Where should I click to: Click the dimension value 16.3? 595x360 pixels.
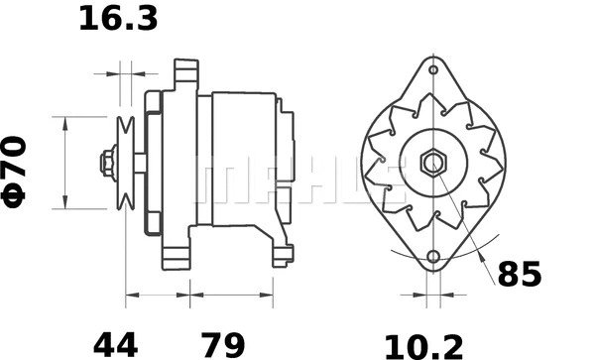[118, 18]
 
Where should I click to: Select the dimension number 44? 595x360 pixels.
[115, 344]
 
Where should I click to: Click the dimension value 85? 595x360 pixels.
[519, 275]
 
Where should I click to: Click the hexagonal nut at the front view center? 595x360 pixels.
[433, 162]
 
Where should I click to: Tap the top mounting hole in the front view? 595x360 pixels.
[433, 69]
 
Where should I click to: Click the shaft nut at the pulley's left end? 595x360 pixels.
[105, 163]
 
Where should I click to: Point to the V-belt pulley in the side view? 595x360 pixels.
[125, 163]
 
